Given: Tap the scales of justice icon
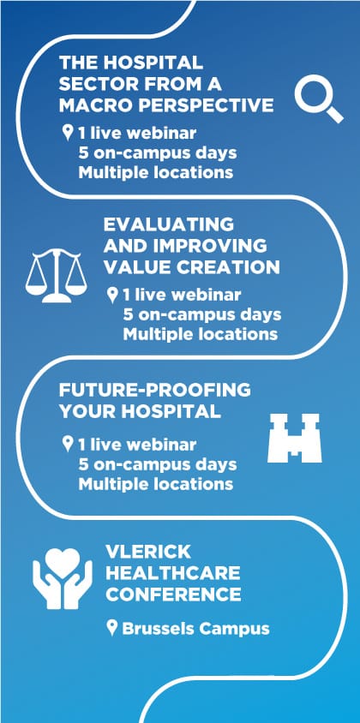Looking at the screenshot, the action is [x=57, y=276].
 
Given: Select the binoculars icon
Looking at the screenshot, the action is [x=295, y=438].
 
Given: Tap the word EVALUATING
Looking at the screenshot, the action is [x=169, y=224].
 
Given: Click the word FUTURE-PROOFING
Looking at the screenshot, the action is [x=154, y=390].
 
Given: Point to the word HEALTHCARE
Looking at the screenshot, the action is [x=172, y=573].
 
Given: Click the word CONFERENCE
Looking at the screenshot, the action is [x=173, y=595].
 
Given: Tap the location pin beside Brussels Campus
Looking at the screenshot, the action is [x=111, y=628].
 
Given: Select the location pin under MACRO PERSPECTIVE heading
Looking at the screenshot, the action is [x=68, y=134].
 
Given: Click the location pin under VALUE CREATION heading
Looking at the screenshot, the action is [x=111, y=295].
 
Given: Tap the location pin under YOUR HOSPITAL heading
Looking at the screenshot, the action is [x=68, y=445].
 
